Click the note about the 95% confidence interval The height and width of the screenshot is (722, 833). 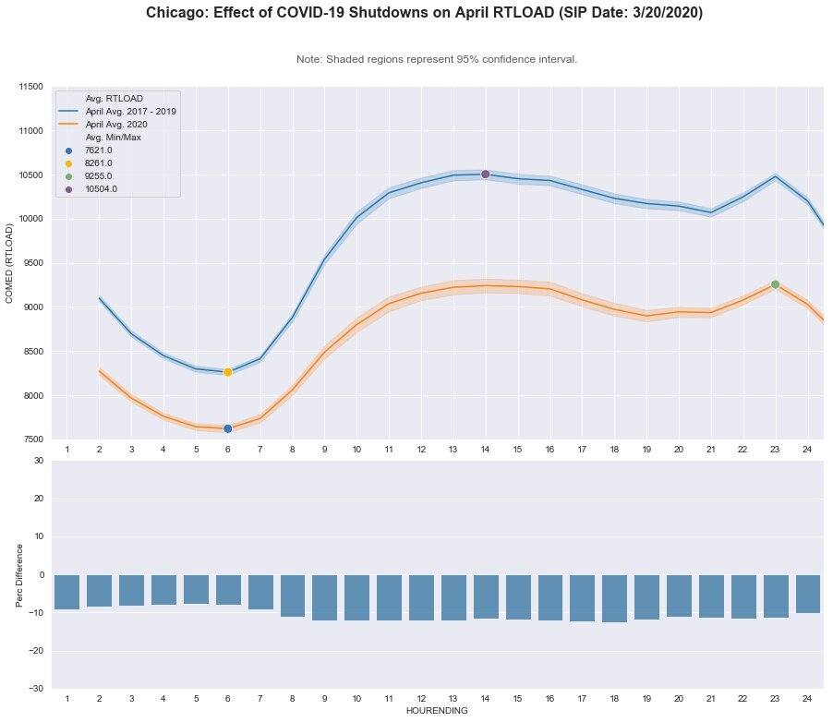pyautogui.click(x=437, y=59)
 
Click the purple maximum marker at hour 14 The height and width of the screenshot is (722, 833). pyautogui.click(x=485, y=174)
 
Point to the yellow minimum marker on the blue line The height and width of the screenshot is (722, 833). pyautogui.click(x=227, y=372)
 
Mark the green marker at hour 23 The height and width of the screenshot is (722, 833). pyautogui.click(x=775, y=284)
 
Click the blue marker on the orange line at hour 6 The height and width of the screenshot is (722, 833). pyautogui.click(x=227, y=428)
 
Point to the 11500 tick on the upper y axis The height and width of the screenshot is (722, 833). pyautogui.click(x=30, y=87)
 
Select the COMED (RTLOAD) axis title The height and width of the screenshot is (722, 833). pyautogui.click(x=10, y=263)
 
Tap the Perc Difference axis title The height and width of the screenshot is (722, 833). pyautogui.click(x=20, y=574)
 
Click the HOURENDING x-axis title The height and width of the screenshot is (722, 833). pyautogui.click(x=437, y=711)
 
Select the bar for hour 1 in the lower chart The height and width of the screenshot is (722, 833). pyautogui.click(x=66, y=592)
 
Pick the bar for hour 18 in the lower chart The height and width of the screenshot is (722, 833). pyautogui.click(x=614, y=598)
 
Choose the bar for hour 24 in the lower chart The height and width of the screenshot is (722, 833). pyautogui.click(x=807, y=594)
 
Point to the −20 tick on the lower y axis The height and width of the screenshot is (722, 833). pyautogui.click(x=35, y=651)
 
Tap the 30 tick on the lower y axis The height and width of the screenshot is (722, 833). pyautogui.click(x=38, y=460)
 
